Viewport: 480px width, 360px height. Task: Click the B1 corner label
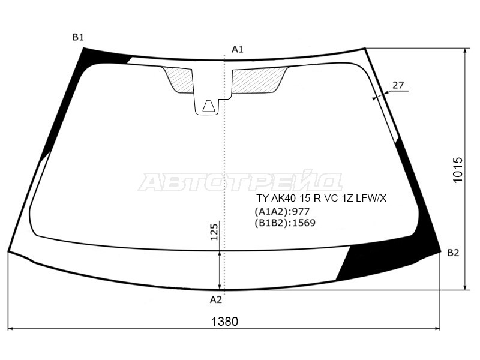pyautogui.click(x=78, y=37)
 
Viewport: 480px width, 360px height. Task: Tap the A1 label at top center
pyautogui.click(x=237, y=49)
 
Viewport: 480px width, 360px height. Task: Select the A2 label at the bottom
pyautogui.click(x=216, y=299)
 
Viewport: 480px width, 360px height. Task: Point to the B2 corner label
pyautogui.click(x=454, y=253)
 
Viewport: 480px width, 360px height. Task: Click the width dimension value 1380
pyautogui.click(x=224, y=322)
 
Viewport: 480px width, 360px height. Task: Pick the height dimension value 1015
pyautogui.click(x=458, y=170)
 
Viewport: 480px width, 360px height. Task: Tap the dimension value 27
pyautogui.click(x=398, y=85)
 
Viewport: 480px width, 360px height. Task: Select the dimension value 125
pyautogui.click(x=214, y=232)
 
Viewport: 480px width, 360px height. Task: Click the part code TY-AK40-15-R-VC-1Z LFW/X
pyautogui.click(x=322, y=199)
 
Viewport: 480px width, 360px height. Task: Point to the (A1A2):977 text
pyautogui.click(x=282, y=211)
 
